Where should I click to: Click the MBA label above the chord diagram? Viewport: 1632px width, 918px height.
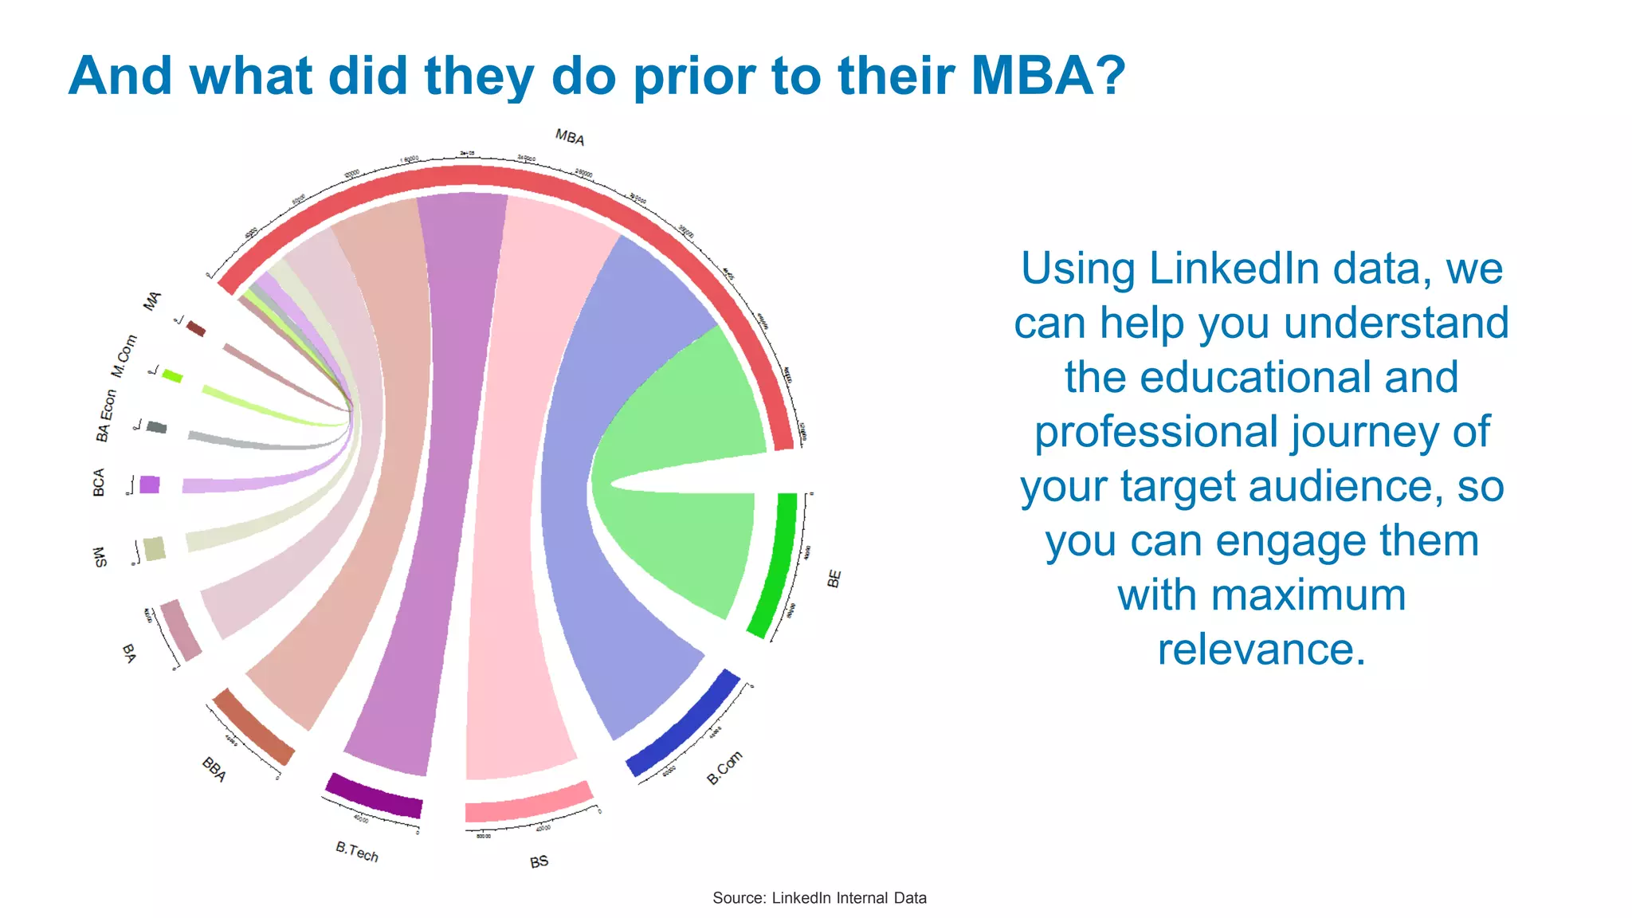[x=570, y=137]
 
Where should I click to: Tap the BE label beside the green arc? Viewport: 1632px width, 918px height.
[x=834, y=579]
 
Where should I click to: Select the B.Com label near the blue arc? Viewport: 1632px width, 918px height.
[x=724, y=767]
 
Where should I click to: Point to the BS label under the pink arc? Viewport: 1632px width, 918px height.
[x=539, y=861]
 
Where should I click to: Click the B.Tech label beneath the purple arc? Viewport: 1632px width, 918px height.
[x=357, y=852]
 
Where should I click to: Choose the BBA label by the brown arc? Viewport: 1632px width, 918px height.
[x=214, y=769]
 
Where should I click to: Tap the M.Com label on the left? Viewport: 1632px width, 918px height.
[x=124, y=356]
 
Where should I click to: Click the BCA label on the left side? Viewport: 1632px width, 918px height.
[x=99, y=482]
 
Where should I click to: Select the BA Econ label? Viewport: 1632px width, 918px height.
[x=105, y=415]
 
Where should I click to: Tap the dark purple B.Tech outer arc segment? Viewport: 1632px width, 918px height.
[x=374, y=795]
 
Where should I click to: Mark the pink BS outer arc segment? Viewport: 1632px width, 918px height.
[x=529, y=802]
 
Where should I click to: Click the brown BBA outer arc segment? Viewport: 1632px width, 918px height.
[x=253, y=726]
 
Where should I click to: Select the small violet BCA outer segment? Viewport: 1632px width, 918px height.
[x=149, y=484]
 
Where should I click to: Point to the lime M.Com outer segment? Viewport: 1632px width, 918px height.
[x=172, y=375]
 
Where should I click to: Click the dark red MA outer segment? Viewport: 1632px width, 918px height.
[x=196, y=328]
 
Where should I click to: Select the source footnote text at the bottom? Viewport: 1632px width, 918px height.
[x=819, y=898]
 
